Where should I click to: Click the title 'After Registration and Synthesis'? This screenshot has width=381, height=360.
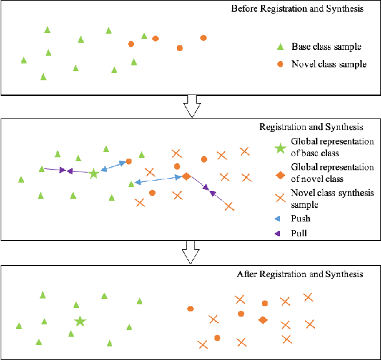pyautogui.click(x=300, y=275)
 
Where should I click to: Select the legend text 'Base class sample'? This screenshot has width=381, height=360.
pyautogui.click(x=322, y=47)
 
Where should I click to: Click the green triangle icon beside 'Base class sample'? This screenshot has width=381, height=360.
pyautogui.click(x=280, y=47)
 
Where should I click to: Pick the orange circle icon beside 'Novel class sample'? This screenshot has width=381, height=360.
pyautogui.click(x=280, y=65)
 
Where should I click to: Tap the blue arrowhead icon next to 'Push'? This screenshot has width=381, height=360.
pyautogui.click(x=279, y=219)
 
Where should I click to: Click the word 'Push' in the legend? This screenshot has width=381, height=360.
pyautogui.click(x=301, y=219)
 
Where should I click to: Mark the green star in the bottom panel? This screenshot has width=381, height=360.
pyautogui.click(x=80, y=321)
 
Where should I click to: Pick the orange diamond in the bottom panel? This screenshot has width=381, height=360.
pyautogui.click(x=262, y=320)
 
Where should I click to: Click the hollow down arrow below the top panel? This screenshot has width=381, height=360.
pyautogui.click(x=190, y=106)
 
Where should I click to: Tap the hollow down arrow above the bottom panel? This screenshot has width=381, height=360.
pyautogui.click(x=190, y=252)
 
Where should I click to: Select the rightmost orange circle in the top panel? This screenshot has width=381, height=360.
pyautogui.click(x=203, y=38)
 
